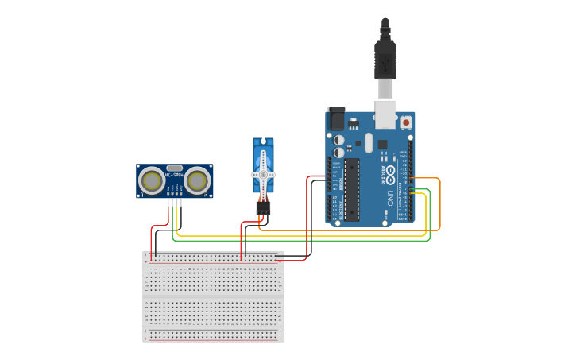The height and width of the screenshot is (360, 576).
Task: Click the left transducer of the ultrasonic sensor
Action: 151,181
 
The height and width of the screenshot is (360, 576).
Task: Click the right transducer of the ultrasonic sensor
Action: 197,181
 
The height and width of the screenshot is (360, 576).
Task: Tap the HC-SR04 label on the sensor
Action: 174,175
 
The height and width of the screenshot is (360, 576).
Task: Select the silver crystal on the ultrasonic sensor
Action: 174,168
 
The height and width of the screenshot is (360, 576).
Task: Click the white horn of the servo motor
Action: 263,174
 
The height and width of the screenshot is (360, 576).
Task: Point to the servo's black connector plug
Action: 263,207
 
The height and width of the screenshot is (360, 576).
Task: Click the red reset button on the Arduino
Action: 406,122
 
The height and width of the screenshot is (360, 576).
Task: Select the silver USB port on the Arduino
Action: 385,114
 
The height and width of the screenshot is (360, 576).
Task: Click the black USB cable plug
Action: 385,60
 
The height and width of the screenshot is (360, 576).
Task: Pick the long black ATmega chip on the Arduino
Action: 351,189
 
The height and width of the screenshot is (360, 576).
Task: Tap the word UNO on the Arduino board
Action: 390,196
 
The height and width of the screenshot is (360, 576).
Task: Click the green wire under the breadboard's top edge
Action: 302,241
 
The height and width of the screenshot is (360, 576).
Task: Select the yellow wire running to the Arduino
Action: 302,236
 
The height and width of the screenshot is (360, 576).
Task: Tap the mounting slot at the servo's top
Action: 263,142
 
